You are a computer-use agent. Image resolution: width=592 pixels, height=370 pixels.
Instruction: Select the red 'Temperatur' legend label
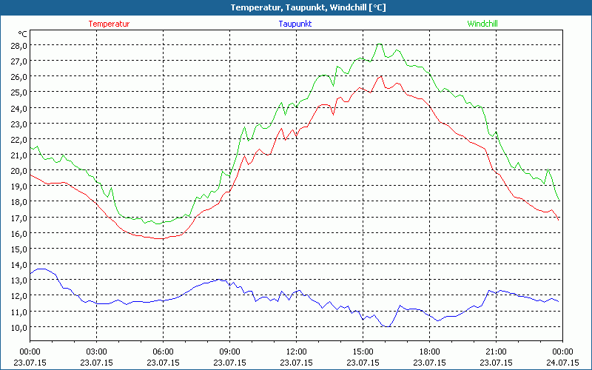click(x=109, y=24)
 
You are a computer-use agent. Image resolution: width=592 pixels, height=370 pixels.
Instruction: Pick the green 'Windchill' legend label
click(x=482, y=24)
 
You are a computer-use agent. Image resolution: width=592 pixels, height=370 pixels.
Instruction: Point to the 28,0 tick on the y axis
click(x=18, y=45)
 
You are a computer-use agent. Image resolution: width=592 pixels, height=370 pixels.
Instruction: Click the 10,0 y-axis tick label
click(x=18, y=327)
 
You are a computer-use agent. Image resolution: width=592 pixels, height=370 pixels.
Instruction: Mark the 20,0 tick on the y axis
click(x=18, y=170)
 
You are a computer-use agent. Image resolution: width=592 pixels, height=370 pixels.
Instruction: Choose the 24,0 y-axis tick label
click(x=18, y=108)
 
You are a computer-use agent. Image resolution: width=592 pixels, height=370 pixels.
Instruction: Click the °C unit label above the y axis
click(x=23, y=34)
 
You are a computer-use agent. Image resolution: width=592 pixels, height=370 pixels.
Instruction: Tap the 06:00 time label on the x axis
click(x=163, y=351)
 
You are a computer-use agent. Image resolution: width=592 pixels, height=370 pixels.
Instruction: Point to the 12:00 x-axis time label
click(x=296, y=351)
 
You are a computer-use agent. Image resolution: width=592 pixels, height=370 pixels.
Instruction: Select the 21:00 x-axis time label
click(x=496, y=351)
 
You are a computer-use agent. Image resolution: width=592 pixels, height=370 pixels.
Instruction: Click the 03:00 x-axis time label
click(x=96, y=351)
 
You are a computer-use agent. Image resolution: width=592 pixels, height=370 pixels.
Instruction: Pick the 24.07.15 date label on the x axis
click(x=562, y=363)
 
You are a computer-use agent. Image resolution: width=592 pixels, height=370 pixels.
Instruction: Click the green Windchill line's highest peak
click(x=380, y=44)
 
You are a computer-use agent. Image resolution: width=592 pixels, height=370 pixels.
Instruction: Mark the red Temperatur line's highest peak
click(x=381, y=75)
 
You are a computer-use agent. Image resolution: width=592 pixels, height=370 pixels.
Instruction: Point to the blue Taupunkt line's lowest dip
click(x=386, y=326)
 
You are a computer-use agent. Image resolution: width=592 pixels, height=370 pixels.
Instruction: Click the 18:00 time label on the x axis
click(x=429, y=351)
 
